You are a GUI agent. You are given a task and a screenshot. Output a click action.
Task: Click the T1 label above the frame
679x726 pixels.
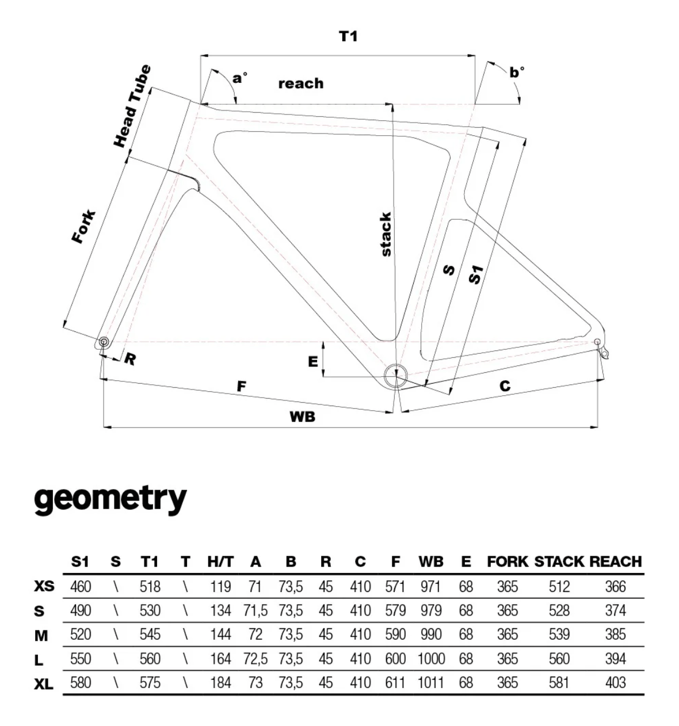tap(348, 36)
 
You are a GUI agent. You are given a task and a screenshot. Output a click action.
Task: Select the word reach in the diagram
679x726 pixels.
tap(301, 83)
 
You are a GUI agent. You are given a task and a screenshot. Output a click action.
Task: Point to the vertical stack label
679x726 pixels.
tap(386, 234)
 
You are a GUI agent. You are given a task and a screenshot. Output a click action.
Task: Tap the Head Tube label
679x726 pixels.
tap(132, 106)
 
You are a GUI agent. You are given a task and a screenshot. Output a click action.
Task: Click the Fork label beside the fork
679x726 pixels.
tap(84, 227)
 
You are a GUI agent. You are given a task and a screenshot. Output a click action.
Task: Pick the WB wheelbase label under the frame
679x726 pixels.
tap(303, 417)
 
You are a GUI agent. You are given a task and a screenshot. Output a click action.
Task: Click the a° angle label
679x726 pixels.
tap(239, 77)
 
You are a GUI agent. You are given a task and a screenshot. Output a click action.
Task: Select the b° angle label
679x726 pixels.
tap(517, 72)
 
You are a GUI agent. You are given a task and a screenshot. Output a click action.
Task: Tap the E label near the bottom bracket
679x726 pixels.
tap(313, 361)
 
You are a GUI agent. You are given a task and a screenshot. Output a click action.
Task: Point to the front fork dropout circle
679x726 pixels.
tap(104, 342)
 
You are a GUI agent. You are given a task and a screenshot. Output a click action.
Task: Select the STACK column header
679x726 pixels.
tap(559, 561)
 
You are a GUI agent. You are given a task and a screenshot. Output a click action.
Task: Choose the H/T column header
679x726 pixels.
tap(220, 561)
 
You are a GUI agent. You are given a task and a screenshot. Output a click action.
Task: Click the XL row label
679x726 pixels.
tap(44, 683)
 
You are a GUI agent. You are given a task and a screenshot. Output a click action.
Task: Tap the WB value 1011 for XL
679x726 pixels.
tap(430, 683)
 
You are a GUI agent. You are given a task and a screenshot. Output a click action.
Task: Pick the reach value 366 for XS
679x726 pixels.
tap(615, 587)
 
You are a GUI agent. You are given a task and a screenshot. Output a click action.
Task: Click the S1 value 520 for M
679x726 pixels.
tap(81, 635)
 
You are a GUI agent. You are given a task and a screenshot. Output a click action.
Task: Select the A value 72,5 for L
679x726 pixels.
tap(255, 659)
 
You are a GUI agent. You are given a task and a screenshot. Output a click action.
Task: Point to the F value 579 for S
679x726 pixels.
tap(395, 610)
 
